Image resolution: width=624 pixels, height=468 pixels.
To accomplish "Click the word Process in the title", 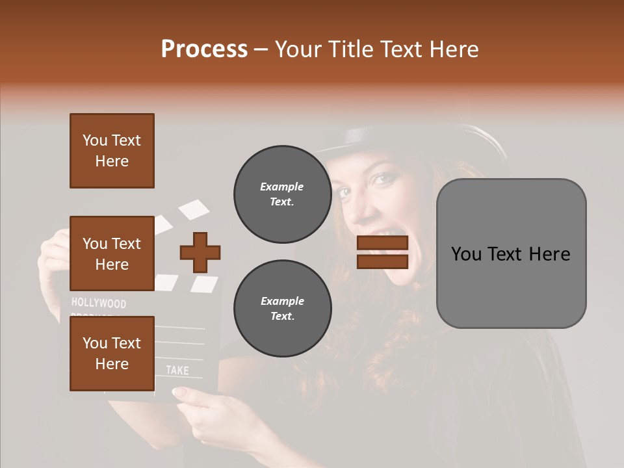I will pyautogui.click(x=204, y=49).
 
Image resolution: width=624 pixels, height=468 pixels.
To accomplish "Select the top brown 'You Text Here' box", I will pyautogui.click(x=112, y=151).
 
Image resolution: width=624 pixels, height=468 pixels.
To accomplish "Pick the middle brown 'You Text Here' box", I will pyautogui.click(x=112, y=253).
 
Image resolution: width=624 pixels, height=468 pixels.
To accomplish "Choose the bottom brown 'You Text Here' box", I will pyautogui.click(x=112, y=353).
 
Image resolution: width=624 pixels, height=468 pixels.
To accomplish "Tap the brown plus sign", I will pyautogui.click(x=200, y=252).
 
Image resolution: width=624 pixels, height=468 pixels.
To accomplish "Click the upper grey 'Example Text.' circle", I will pyautogui.click(x=282, y=194).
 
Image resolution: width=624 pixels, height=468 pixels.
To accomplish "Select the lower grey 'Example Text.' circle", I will pyautogui.click(x=282, y=309).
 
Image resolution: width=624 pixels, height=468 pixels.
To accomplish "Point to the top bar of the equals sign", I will pyautogui.click(x=382, y=243).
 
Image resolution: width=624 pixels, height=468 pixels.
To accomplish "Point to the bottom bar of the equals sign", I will pyautogui.click(x=382, y=261).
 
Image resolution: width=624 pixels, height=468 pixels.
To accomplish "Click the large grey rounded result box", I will pyautogui.click(x=511, y=253).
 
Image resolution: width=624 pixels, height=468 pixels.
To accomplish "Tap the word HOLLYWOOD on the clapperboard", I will pyautogui.click(x=99, y=303).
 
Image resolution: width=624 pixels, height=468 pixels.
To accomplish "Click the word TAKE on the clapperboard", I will pyautogui.click(x=177, y=370).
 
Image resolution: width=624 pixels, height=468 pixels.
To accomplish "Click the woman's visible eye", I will pyautogui.click(x=384, y=177).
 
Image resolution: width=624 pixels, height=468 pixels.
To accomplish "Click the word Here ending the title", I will pyautogui.click(x=454, y=49).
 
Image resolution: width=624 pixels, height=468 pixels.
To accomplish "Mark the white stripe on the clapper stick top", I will pyautogui.click(x=194, y=209).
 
